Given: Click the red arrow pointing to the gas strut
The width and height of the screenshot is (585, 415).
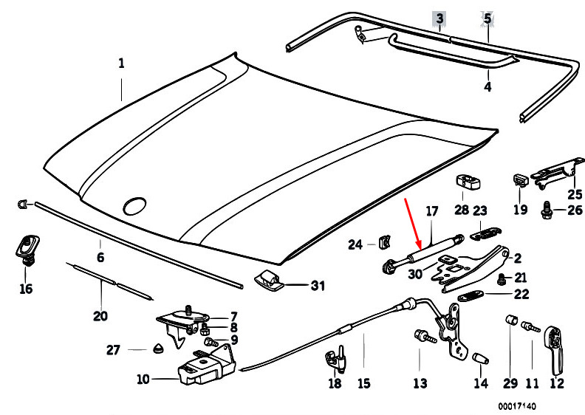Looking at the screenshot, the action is [413, 224].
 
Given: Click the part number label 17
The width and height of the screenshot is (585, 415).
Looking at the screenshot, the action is [431, 211].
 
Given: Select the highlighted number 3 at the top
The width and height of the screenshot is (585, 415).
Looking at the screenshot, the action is [440, 18].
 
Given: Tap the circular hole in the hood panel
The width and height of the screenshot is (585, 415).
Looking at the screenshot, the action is [134, 205].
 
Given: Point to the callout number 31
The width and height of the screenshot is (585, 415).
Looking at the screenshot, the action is [318, 286].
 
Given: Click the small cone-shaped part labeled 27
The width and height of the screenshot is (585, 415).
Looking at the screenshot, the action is [159, 349].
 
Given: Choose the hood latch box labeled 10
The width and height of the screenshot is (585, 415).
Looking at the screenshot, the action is [205, 367].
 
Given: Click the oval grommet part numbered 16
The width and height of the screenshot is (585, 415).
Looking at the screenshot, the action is [27, 250].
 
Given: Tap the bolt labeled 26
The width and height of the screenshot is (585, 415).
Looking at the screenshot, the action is [547, 210].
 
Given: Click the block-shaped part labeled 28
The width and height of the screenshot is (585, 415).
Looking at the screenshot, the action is [468, 182].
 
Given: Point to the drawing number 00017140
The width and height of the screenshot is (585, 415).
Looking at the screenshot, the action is [516, 406].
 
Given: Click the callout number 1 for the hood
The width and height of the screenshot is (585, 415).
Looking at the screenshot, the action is [121, 63].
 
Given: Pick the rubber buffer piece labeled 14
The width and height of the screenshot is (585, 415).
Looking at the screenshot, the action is [481, 358].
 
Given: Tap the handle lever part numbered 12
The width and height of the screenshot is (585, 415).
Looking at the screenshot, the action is [555, 350].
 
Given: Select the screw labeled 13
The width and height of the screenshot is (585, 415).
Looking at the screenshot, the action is [425, 336].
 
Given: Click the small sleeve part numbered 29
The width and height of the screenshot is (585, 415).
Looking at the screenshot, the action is [511, 320].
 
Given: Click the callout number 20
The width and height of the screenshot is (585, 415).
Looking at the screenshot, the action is [100, 316].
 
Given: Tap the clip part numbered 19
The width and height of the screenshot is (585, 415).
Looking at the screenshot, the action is [521, 180].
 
